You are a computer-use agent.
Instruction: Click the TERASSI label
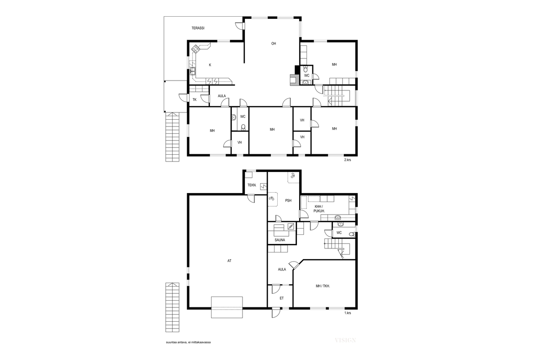point(198,28)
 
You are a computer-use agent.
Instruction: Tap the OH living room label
point(273,44)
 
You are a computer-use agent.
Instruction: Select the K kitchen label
point(210,65)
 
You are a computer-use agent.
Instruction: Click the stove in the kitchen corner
point(196,48)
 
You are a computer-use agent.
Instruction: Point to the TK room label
point(194,99)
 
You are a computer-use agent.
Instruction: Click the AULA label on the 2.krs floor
point(222,96)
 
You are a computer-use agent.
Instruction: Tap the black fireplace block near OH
point(297,69)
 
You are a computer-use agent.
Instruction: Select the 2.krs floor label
point(347,160)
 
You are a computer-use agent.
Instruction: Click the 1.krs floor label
point(347,313)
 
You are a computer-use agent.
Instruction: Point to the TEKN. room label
point(252,185)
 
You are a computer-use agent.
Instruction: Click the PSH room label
point(288,201)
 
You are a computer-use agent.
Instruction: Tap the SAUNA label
point(280,240)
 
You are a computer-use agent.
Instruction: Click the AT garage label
point(229,260)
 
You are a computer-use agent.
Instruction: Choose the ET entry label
point(282,298)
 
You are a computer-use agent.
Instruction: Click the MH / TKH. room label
point(323,286)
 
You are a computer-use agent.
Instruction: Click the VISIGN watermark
point(345,340)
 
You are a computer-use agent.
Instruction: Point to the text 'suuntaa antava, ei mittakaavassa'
point(189,342)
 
